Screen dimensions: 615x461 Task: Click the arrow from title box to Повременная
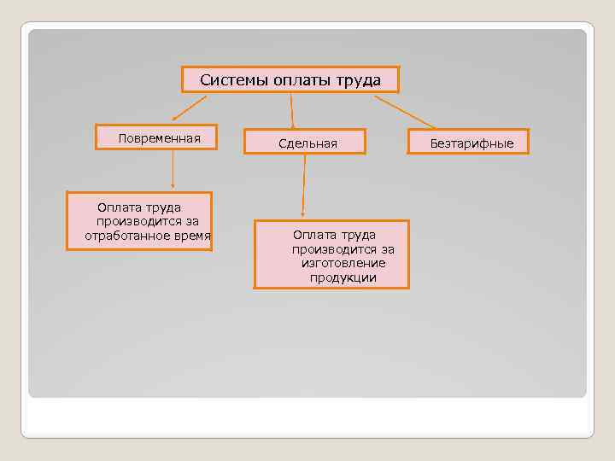click(190, 107)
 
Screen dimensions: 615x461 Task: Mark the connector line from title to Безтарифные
click(405, 111)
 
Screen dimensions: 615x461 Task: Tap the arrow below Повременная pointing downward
click(173, 167)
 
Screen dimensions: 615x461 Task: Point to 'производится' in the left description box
click(130, 221)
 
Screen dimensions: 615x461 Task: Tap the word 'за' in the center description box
click(387, 249)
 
